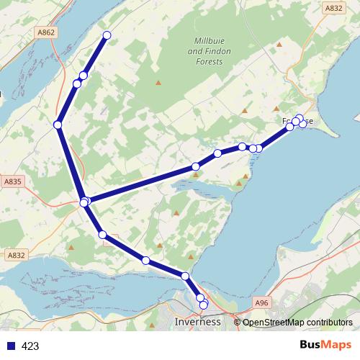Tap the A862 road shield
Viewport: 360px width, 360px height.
[45, 32]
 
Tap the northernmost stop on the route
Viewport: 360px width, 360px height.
[107, 35]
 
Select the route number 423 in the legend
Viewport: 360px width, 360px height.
[30, 346]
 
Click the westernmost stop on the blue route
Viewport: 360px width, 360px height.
[58, 125]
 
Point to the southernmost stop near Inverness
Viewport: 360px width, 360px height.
[203, 305]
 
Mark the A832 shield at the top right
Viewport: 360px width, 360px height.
[333, 8]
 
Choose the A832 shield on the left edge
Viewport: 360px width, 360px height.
[15, 255]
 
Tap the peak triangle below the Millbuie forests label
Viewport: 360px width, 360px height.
[158, 82]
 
